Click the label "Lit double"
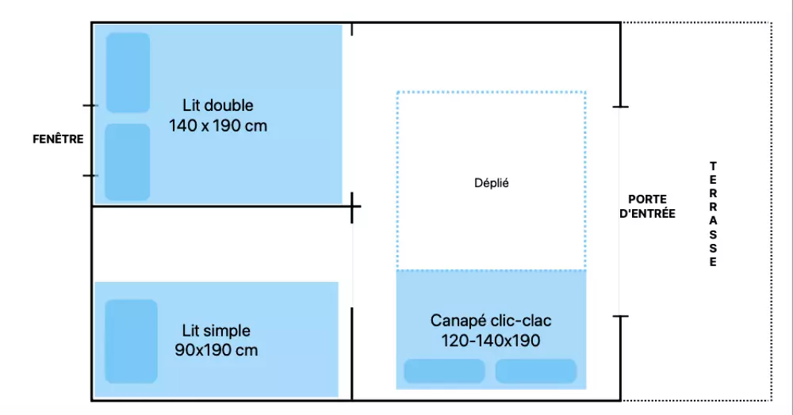point(217,105)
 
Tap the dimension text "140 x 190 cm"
point(218,125)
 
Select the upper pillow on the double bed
point(128,73)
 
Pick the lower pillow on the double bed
point(128,162)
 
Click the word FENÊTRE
point(58,139)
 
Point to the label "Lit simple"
point(216,330)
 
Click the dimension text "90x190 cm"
point(216,350)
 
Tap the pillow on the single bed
point(131,341)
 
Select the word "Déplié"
point(491,183)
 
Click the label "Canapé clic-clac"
point(491,321)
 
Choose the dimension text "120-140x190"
point(491,341)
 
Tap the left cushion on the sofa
point(444,371)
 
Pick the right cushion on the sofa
point(536,371)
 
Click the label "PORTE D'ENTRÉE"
point(647,206)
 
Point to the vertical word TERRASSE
point(713,214)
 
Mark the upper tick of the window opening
point(90,105)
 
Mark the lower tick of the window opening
point(90,175)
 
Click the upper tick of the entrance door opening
point(621,105)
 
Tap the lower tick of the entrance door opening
point(621,317)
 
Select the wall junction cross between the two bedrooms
point(353,207)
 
